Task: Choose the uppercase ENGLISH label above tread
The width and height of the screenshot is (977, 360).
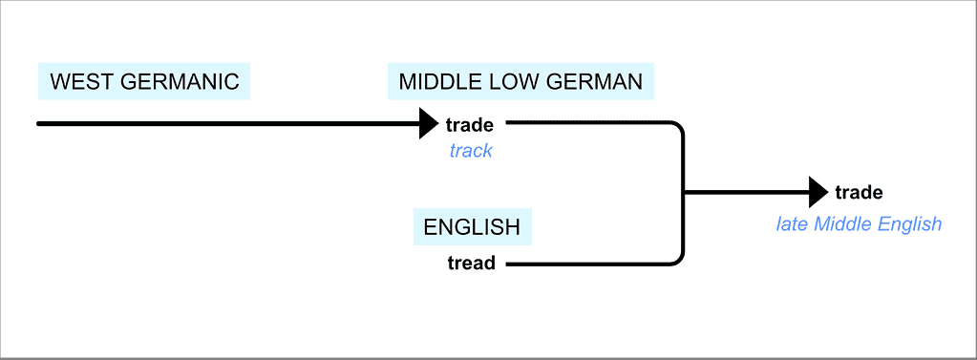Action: [472, 228]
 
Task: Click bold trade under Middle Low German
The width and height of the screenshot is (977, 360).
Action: [470, 124]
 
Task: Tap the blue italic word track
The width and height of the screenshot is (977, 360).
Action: [470, 151]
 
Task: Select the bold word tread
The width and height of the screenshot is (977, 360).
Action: [471, 263]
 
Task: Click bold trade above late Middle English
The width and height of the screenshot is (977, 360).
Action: [859, 193]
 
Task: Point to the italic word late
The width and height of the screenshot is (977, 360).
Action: [793, 224]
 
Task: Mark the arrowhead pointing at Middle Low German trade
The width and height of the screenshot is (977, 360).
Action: [429, 123]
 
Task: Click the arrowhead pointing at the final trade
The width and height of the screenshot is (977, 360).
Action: [818, 192]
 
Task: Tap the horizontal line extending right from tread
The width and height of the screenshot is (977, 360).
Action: [583, 263]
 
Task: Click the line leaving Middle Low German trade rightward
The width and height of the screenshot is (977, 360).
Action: [583, 123]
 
